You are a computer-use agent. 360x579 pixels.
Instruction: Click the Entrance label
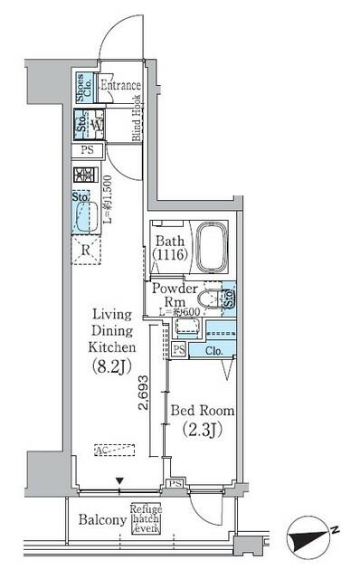[x=121, y=86]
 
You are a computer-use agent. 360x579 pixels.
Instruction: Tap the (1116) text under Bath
[x=170, y=257]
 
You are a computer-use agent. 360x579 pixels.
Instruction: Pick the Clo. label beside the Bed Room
[x=214, y=350]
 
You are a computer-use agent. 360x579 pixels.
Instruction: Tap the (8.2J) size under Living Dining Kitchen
[x=113, y=366]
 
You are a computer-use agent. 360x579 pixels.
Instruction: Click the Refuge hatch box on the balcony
[x=147, y=519]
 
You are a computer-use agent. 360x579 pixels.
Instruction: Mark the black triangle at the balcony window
[x=116, y=481]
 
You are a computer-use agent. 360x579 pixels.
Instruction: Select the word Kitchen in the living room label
[x=113, y=346]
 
